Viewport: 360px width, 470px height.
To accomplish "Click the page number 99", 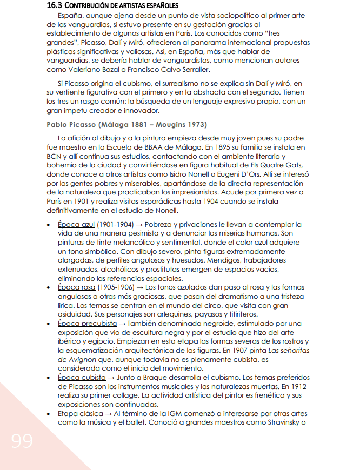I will click(x=22, y=441).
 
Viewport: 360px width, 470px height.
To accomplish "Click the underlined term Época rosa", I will click(x=76, y=288).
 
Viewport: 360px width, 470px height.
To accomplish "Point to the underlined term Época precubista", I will click(x=87, y=324).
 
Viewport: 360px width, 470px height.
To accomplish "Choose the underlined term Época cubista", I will click(x=82, y=377).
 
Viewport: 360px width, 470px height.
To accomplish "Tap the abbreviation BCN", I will click(x=55, y=156).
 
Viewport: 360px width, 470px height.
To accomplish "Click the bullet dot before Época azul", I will click(x=49, y=225).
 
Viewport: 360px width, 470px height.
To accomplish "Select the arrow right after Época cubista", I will click(x=111, y=377).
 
